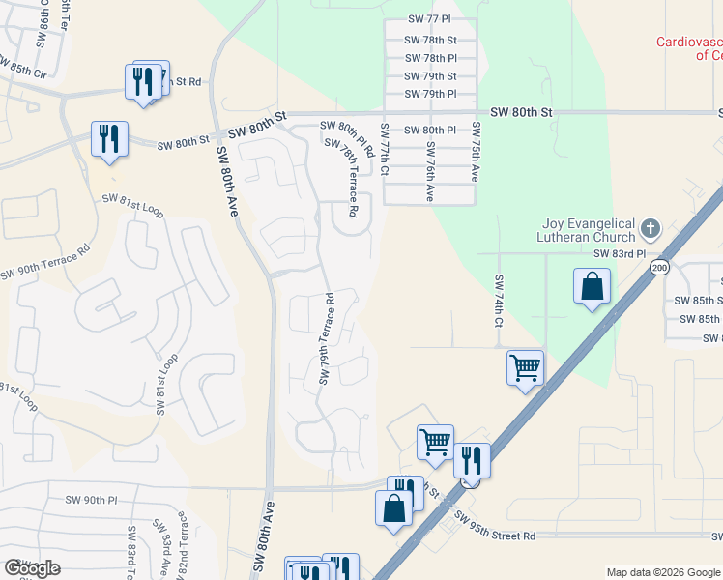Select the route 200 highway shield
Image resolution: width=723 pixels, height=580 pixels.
point(659,267)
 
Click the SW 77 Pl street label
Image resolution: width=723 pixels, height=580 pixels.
point(430,20)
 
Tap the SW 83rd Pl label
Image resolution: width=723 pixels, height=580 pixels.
point(619,253)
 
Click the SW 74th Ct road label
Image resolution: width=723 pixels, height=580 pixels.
point(499,300)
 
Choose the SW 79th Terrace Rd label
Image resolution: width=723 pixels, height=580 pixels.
point(327,338)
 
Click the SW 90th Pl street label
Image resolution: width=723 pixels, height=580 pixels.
point(91,500)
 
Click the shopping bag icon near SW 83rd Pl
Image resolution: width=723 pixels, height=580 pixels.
point(592,287)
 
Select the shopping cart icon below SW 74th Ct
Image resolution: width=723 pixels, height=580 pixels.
point(525,367)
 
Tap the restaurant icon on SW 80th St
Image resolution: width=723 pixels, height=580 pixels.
point(108,138)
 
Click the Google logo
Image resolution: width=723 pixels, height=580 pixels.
point(32,568)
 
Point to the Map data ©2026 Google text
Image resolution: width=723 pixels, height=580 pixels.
point(662,572)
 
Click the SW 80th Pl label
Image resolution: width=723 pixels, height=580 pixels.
point(430,130)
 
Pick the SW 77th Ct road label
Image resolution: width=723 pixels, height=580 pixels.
point(385,150)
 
